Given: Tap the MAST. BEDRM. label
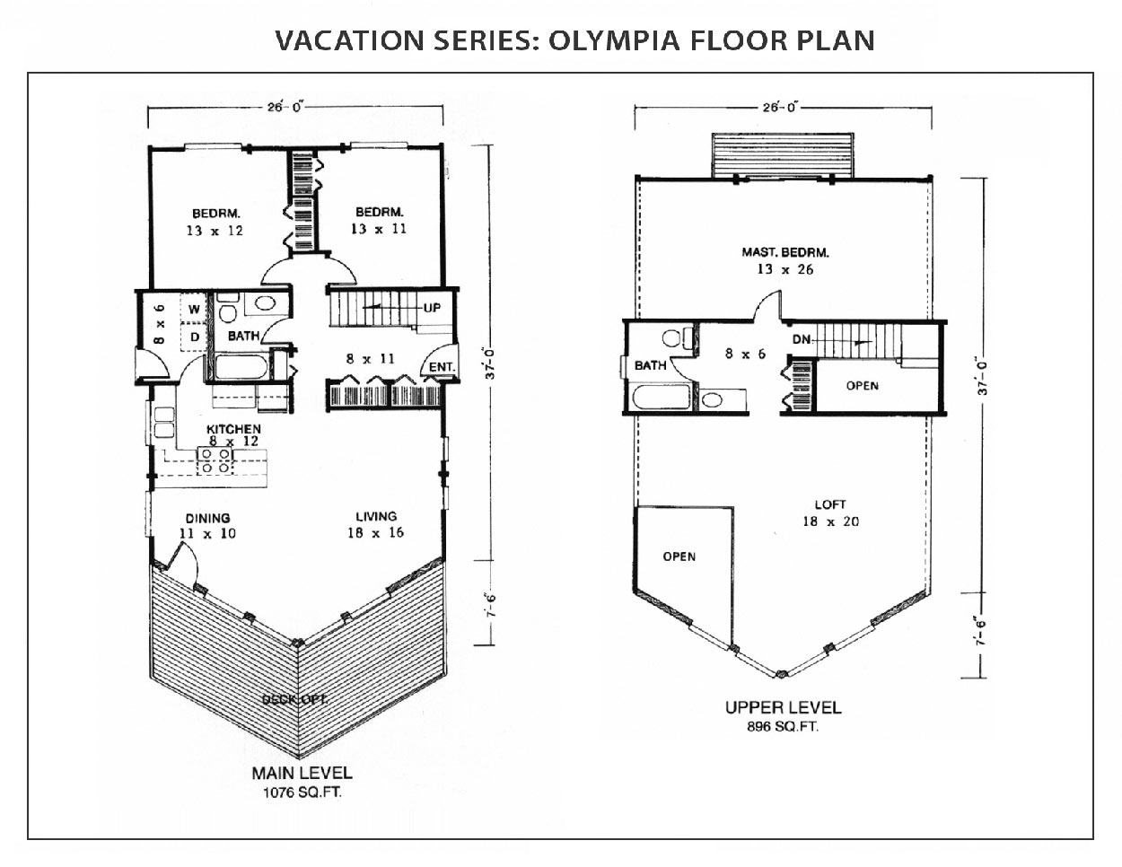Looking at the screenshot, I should pyautogui.click(x=778, y=252).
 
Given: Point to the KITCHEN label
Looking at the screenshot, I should pyautogui.click(x=233, y=429).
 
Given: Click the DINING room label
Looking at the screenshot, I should pyautogui.click(x=207, y=518).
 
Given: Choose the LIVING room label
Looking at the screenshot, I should pyautogui.click(x=375, y=516).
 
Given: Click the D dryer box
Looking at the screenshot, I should pyautogui.click(x=193, y=337).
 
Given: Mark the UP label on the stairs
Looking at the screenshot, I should pyautogui.click(x=432, y=308).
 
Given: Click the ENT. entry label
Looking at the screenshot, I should pyautogui.click(x=442, y=367).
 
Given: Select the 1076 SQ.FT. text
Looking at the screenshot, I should pyautogui.click(x=301, y=792).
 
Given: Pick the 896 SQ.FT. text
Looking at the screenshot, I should pyautogui.click(x=783, y=727).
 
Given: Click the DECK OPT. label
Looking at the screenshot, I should pyautogui.click(x=294, y=699).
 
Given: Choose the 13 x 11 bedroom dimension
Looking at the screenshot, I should pyautogui.click(x=380, y=229).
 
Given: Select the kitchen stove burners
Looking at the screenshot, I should pyautogui.click(x=215, y=460).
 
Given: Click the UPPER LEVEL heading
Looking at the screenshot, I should pyautogui.click(x=783, y=708).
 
